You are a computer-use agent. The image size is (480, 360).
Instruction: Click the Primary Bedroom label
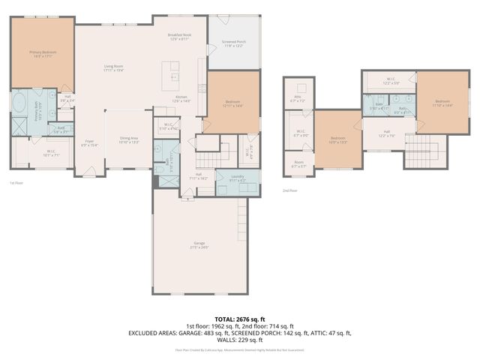tap(43, 53)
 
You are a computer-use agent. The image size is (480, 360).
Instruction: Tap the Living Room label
tap(113, 68)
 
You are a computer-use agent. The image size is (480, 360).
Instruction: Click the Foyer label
tap(89, 142)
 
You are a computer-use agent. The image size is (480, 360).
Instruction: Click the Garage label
tap(199, 244)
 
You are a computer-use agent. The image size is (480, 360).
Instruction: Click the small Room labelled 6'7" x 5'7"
tap(298, 164)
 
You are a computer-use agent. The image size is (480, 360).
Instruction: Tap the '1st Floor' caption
tap(16, 183)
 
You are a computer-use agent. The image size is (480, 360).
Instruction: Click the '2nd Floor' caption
tap(289, 190)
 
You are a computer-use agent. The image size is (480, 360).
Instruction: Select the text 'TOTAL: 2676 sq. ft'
tap(239, 319)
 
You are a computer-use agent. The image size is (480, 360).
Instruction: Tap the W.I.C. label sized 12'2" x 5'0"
tap(391, 80)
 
